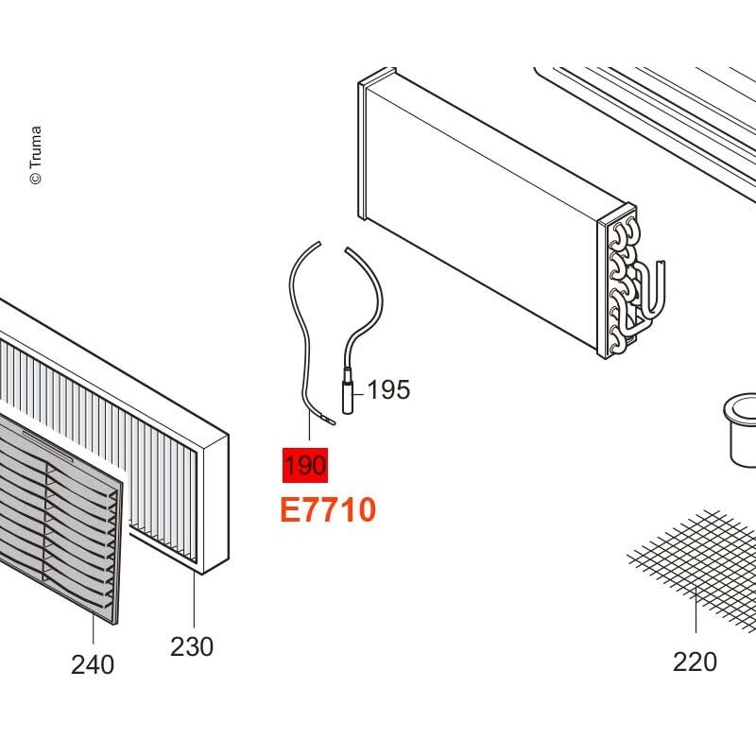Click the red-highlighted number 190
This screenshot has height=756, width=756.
[305, 465]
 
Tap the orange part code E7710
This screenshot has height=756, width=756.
[328, 510]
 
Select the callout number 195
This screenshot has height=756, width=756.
[388, 389]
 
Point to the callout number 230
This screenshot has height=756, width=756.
[192, 646]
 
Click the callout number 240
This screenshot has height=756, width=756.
[93, 665]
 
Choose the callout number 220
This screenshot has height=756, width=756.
[695, 661]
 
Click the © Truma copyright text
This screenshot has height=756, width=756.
[36, 155]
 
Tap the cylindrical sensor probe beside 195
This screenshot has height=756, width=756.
[348, 390]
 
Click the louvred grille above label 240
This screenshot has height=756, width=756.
[58, 516]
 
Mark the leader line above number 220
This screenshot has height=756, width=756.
[696, 610]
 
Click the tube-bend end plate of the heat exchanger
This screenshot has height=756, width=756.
[618, 282]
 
